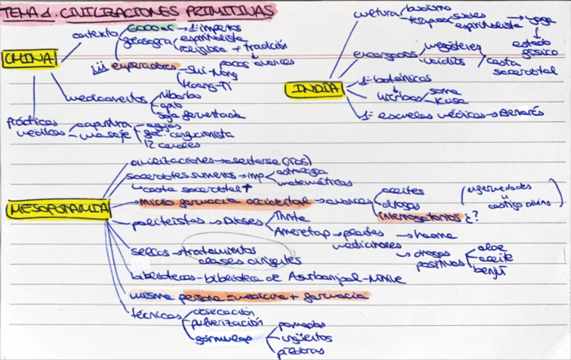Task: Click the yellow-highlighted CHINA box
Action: [30, 59]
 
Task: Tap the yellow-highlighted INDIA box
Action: [314, 89]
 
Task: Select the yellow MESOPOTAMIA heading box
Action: [59, 210]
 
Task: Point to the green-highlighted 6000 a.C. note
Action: [151, 29]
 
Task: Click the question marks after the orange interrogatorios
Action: [471, 217]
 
